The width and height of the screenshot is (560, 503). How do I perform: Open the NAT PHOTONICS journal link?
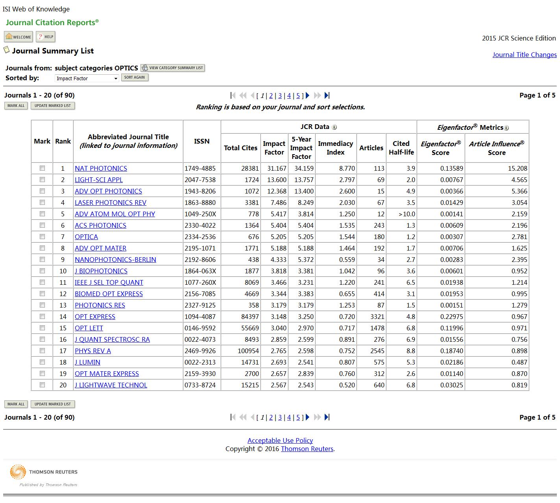[101, 168]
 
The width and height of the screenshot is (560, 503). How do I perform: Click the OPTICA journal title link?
[86, 237]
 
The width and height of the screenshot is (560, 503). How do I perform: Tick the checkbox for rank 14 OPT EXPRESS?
[42, 317]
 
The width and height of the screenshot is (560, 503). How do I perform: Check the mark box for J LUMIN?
[42, 362]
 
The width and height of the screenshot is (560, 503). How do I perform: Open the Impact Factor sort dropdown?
[87, 78]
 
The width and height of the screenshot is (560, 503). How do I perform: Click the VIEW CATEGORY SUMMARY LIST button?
[173, 68]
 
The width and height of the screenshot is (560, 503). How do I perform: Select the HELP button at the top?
[46, 37]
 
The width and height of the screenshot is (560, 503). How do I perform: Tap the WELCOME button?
[18, 37]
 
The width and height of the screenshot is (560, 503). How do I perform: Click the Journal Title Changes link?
[524, 55]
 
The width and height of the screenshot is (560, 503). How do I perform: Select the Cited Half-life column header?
[401, 148]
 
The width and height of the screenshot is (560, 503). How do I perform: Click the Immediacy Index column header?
[335, 148]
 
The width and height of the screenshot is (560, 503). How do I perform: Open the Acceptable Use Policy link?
[280, 440]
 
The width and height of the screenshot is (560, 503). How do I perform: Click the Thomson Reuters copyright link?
[307, 449]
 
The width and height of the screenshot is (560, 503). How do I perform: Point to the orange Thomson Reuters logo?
[18, 472]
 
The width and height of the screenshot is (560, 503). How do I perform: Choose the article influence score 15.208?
[517, 168]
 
